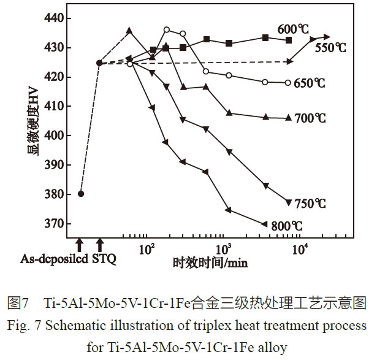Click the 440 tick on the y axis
tap(54, 18)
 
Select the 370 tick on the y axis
tap(54, 224)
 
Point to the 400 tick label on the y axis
tap(54, 136)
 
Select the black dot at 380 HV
tap(81, 194)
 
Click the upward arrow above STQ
tap(100, 243)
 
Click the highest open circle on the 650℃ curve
tap(167, 29)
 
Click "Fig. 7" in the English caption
tap(25, 324)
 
